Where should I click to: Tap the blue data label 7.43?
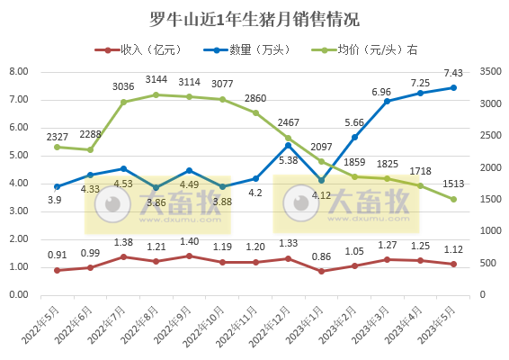point(452,74)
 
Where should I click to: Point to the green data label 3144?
point(156,80)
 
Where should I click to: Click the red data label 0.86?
point(321,256)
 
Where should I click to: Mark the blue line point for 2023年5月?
point(452,87)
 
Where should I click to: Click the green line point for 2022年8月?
point(156,94)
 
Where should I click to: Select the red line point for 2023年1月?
point(321,271)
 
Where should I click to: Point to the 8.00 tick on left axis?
point(18,71)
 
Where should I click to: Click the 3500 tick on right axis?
point(491,71)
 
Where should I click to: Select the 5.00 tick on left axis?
point(18,155)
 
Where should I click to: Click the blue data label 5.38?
point(288,161)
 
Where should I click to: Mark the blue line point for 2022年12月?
point(288,145)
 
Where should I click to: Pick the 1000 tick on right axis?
point(491,231)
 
